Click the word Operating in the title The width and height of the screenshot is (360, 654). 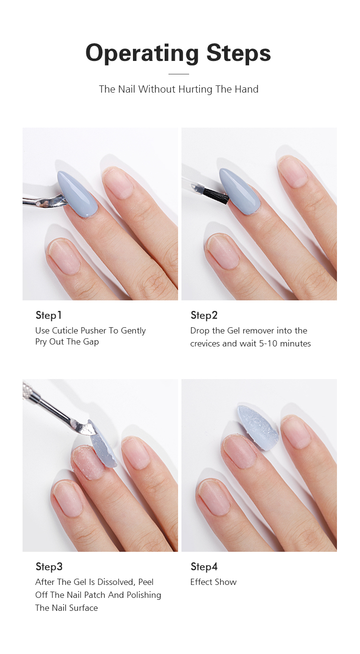pyautogui.click(x=142, y=53)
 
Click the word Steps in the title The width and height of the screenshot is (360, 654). pyautogui.click(x=239, y=53)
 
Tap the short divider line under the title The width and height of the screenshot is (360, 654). pyautogui.click(x=179, y=74)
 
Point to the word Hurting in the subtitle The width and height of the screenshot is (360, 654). pyautogui.click(x=194, y=89)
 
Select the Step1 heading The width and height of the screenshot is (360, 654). pyautogui.click(x=48, y=315)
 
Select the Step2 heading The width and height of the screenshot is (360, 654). pyautogui.click(x=204, y=315)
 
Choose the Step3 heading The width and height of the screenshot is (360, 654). pyautogui.click(x=49, y=567)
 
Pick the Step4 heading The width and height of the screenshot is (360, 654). pyautogui.click(x=204, y=567)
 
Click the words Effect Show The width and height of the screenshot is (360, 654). pyautogui.click(x=213, y=582)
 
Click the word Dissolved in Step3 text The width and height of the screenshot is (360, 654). pyautogui.click(x=116, y=582)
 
